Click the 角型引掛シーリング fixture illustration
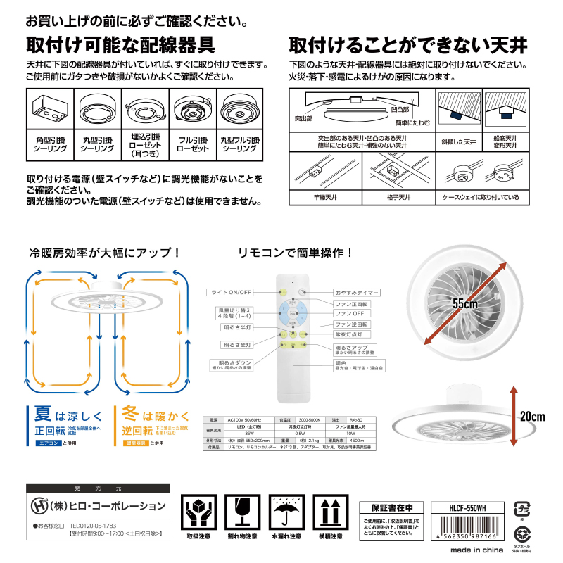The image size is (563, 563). click(x=49, y=109)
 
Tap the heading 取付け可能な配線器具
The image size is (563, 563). click(x=120, y=44)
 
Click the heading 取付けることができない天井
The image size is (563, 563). click(x=408, y=44)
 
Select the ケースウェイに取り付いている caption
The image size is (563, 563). click(x=481, y=198)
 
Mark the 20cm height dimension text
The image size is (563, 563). click(x=533, y=417)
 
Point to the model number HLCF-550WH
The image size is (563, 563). click(x=467, y=505)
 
